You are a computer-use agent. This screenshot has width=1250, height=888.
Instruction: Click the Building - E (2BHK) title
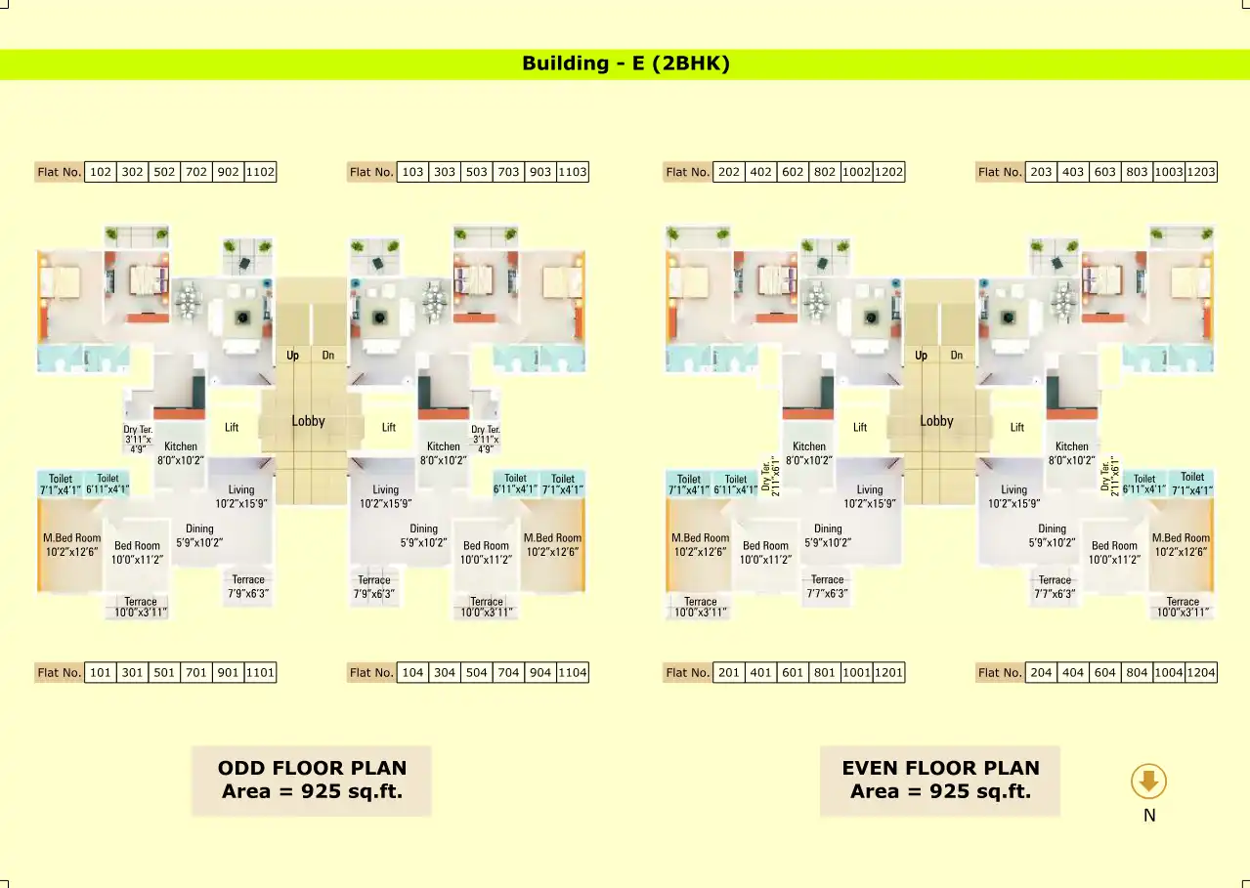(x=625, y=64)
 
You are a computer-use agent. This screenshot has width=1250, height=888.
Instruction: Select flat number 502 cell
(x=164, y=172)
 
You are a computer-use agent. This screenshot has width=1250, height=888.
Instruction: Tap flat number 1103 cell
(x=573, y=172)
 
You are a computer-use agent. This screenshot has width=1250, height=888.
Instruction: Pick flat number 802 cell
(x=825, y=172)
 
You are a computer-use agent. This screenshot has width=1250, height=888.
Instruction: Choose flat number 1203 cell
(x=1201, y=172)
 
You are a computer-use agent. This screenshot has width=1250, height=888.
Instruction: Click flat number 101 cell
(x=101, y=672)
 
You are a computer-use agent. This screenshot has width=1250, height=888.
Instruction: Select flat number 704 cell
(x=508, y=672)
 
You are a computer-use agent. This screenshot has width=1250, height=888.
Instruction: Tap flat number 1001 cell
(x=856, y=672)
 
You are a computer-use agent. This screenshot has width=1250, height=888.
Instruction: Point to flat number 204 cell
(x=1042, y=672)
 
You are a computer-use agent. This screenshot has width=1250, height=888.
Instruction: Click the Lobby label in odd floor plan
(x=308, y=421)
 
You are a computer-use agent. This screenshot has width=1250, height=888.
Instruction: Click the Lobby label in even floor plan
(x=936, y=421)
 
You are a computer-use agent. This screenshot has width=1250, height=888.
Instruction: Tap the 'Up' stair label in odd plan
(x=292, y=356)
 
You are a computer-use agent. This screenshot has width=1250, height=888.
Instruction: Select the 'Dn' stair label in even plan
(x=957, y=356)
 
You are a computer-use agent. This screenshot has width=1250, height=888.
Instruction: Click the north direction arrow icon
(x=1149, y=782)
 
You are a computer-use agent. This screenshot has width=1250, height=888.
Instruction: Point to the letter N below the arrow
(x=1149, y=815)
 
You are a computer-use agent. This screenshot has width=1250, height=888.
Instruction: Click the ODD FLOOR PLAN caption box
(x=311, y=780)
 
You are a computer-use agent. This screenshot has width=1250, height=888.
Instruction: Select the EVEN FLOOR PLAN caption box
(x=940, y=780)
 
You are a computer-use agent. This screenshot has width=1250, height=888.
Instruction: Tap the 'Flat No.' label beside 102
(x=60, y=172)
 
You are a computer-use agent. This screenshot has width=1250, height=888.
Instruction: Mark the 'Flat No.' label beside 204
(x=1001, y=672)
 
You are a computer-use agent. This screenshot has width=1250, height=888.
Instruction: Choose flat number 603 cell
(x=1104, y=172)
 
